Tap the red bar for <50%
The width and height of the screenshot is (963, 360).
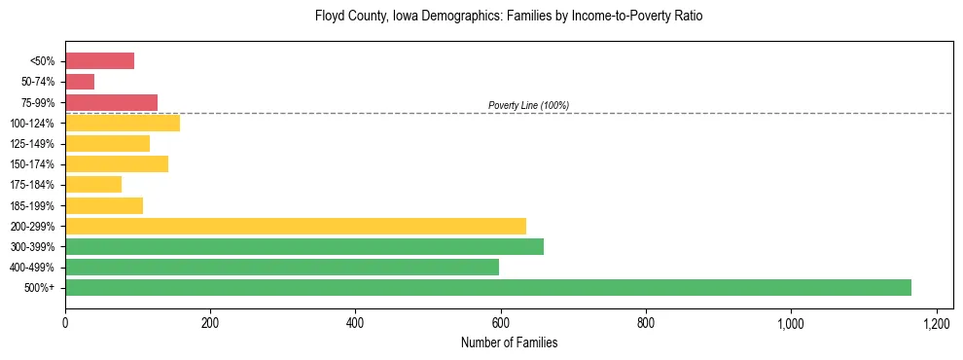pyautogui.click(x=99, y=61)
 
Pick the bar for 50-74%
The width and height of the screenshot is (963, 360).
pyautogui.click(x=80, y=82)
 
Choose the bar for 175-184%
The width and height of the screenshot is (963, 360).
pyautogui.click(x=93, y=185)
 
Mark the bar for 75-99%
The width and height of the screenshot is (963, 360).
pyautogui.click(x=111, y=102)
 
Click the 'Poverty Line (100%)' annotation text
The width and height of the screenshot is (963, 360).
pyautogui.click(x=528, y=105)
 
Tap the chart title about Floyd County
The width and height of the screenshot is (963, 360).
pyautogui.click(x=509, y=17)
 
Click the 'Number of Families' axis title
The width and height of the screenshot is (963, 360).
pyautogui.click(x=509, y=342)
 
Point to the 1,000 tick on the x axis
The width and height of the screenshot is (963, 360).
pyautogui.click(x=791, y=322)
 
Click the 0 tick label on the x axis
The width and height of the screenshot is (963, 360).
pyautogui.click(x=65, y=322)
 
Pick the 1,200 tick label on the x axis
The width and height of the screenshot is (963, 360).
pyautogui.click(x=936, y=322)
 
